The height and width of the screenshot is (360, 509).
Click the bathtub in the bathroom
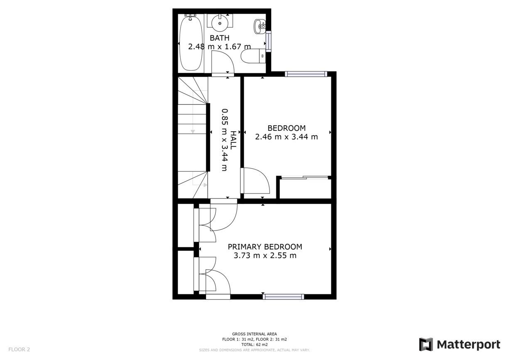(191, 43)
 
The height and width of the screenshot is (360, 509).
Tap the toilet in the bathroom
(253, 56)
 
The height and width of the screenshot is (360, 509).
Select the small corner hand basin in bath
(260, 26)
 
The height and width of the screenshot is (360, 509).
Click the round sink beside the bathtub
(220, 23)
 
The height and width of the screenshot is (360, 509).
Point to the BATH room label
(219, 38)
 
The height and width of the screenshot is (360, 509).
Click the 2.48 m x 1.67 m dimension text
(219, 47)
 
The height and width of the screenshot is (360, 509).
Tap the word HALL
(233, 140)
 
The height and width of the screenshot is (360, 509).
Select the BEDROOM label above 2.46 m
(286, 128)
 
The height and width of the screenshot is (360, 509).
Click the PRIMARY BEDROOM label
(265, 247)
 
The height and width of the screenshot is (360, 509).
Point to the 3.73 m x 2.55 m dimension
(265, 256)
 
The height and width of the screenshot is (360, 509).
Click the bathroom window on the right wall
(268, 42)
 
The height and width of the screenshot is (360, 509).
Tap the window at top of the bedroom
(306, 74)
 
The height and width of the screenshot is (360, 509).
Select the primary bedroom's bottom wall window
(284, 296)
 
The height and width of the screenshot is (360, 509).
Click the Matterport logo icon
(426, 344)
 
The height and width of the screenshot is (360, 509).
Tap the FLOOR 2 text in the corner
(19, 349)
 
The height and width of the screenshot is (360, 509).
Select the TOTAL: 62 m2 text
(254, 345)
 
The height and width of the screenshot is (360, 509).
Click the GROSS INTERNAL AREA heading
(254, 334)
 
